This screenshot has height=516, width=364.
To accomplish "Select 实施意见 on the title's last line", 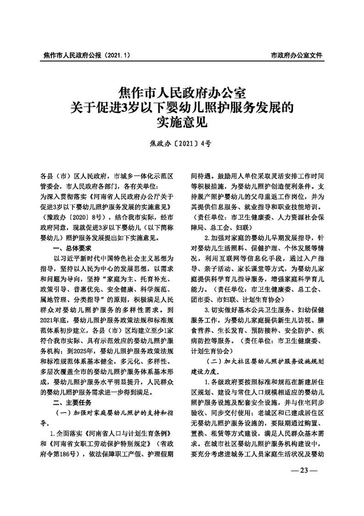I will point(182,122).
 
